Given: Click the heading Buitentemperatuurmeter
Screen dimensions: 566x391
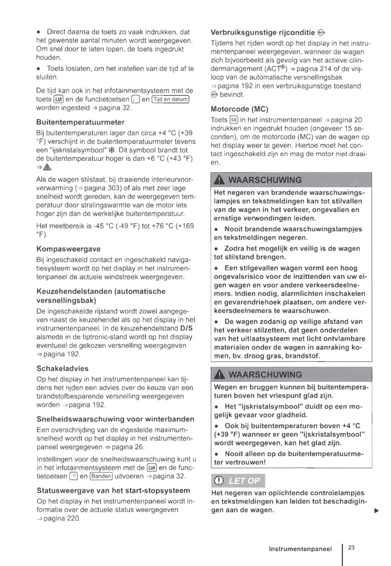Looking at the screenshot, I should point(80,122).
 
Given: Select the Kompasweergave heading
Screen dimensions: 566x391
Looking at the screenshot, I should point(68,249).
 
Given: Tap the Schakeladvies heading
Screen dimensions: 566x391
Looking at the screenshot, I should point(62,369).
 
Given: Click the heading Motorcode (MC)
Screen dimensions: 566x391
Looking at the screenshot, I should point(239,109).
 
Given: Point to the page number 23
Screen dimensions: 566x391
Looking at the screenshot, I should point(351,548).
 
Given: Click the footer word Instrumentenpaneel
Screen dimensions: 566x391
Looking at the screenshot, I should point(300,549).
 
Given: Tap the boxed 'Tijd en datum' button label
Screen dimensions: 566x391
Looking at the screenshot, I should point(171,100).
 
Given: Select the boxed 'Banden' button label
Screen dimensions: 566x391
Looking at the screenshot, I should point(101,476).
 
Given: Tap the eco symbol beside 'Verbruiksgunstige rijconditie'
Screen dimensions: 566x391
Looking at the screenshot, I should point(321,33).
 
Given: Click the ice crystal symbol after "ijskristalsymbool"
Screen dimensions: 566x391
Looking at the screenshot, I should point(111,150).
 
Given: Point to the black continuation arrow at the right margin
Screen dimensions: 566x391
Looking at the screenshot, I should point(377,511).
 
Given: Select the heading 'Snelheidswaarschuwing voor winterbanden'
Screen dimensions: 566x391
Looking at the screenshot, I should point(115,419).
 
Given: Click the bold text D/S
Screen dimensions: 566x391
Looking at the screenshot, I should point(186,329).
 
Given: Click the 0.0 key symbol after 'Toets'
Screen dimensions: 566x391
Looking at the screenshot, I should point(234,120).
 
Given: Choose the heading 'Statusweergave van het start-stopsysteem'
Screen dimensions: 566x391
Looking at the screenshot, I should point(113,490).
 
